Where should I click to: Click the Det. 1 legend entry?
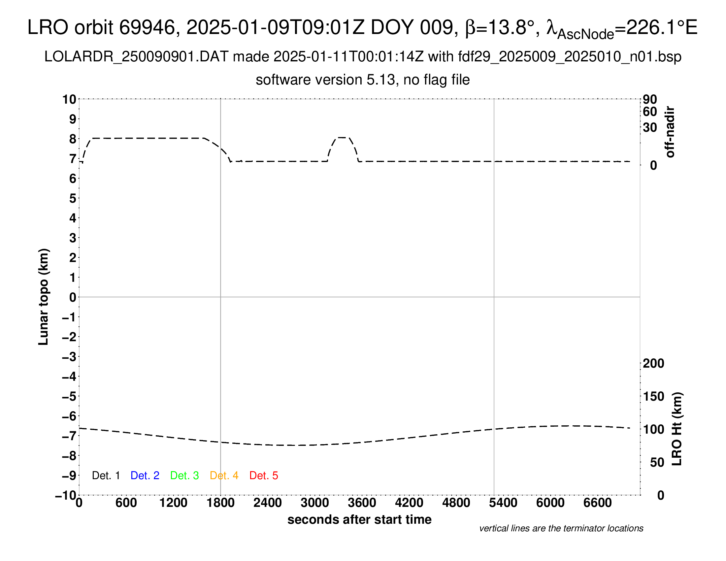(106, 476)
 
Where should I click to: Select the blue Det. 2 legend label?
(145, 476)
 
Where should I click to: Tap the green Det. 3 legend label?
(184, 476)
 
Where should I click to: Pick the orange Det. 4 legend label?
(224, 476)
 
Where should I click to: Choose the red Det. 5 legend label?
(264, 476)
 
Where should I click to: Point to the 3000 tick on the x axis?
(314, 503)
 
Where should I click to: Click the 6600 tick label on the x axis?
(597, 503)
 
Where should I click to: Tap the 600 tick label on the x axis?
(126, 503)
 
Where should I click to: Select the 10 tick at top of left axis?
(69, 99)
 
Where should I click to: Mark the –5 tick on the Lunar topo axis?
(69, 396)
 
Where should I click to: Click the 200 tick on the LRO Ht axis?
(653, 363)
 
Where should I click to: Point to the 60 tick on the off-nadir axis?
(650, 112)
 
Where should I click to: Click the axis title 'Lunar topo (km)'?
(44, 297)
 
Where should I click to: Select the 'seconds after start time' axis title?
(359, 519)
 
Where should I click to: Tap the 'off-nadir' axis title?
(670, 132)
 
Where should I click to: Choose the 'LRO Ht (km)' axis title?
(676, 429)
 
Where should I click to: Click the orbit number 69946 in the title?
(147, 27)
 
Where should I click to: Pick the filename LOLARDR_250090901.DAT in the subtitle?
(136, 57)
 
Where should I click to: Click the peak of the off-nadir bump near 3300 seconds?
(343, 137)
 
